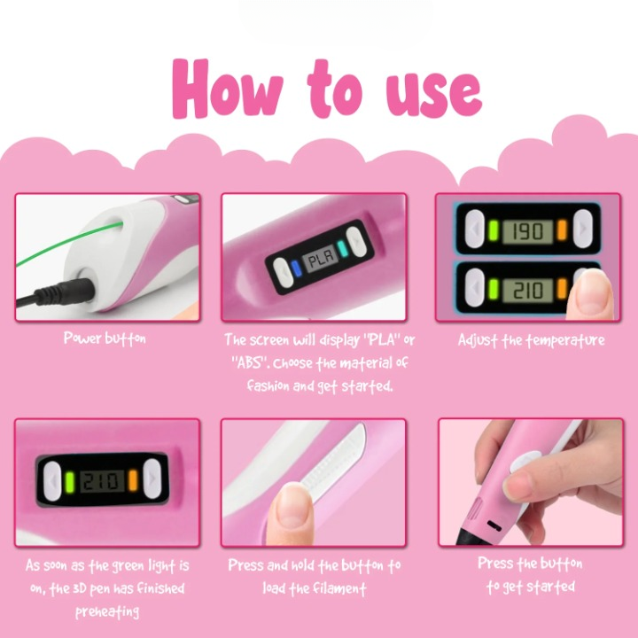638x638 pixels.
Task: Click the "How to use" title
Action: click(x=327, y=89)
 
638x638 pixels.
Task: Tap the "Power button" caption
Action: click(x=105, y=338)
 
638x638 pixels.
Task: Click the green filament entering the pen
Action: click(x=65, y=244)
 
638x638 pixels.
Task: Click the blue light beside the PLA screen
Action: click(x=297, y=269)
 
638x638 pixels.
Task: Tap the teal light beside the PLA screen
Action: click(x=342, y=249)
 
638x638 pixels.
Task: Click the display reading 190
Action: click(x=528, y=231)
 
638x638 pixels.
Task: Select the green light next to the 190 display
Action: click(x=494, y=230)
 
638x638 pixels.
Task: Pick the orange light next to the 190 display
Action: click(x=562, y=230)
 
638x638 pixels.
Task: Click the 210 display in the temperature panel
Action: click(x=528, y=290)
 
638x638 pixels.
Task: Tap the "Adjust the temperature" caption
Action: click(x=531, y=340)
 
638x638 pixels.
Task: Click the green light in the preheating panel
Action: click(x=70, y=482)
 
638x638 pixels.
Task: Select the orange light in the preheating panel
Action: click(x=133, y=480)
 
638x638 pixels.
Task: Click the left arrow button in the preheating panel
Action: click(x=52, y=481)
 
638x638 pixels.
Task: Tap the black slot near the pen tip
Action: click(x=494, y=525)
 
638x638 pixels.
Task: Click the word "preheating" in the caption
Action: click(x=107, y=611)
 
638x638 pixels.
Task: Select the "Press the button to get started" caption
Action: click(x=530, y=575)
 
